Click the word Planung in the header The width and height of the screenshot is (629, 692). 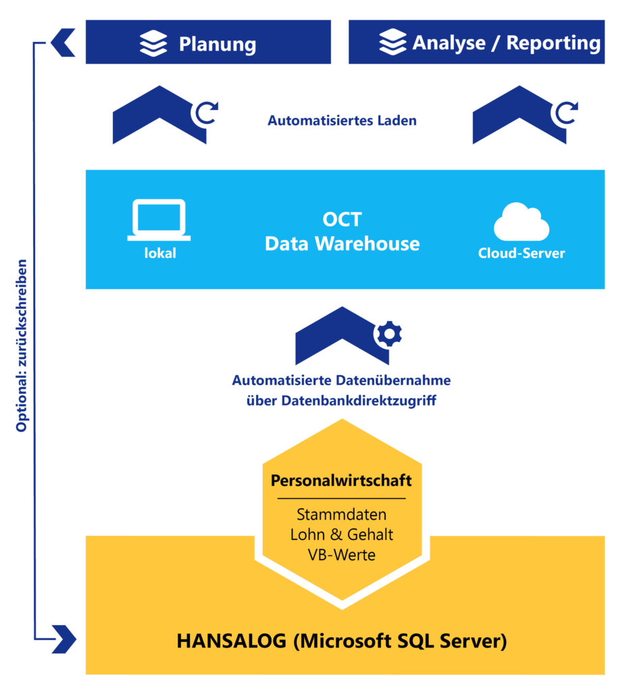tap(217, 45)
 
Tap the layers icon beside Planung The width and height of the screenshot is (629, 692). tap(153, 43)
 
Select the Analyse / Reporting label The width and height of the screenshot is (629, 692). tap(506, 43)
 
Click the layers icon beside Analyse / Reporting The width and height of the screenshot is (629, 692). tap(393, 42)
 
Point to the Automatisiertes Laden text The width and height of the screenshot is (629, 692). tap(342, 122)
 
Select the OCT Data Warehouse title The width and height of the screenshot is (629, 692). tap(342, 232)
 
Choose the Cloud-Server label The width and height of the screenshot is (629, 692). tap(521, 254)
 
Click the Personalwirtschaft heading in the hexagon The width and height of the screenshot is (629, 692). tap(341, 481)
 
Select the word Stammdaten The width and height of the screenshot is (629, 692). tap(341, 515)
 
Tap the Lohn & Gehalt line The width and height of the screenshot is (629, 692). tap(341, 535)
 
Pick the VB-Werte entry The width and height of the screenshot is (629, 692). tap(341, 554)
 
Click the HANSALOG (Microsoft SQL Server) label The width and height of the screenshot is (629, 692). tap(342, 641)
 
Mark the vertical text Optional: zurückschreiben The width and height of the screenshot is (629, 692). tap(22, 345)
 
